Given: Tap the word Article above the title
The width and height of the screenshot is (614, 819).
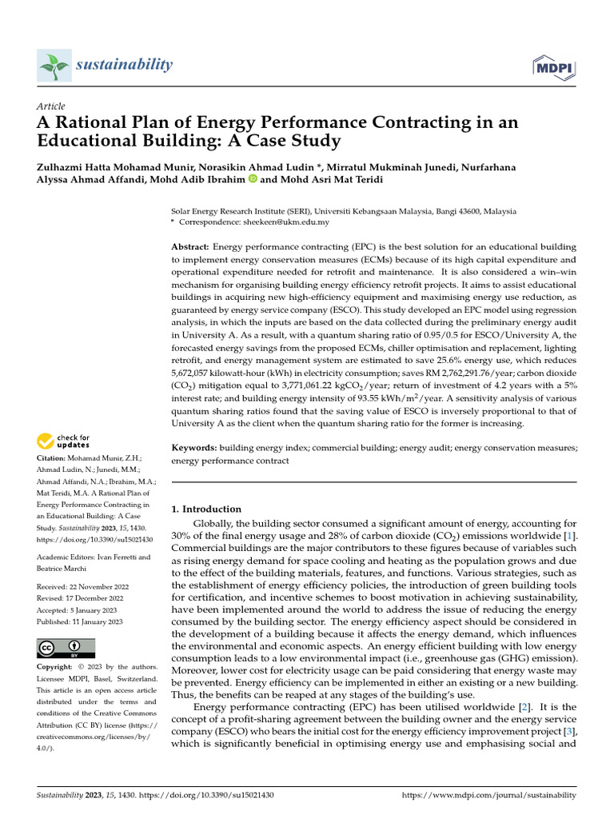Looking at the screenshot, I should point(51,106).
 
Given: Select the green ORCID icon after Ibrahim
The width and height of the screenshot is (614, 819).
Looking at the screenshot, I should point(253,179).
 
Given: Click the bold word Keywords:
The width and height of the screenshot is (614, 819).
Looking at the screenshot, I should point(194,449).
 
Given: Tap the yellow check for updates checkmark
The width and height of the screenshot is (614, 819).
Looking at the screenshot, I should point(46,441).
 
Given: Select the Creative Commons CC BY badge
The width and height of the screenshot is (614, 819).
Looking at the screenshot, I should point(66,648).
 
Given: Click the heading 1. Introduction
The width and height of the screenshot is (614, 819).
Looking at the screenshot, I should point(207,509).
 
